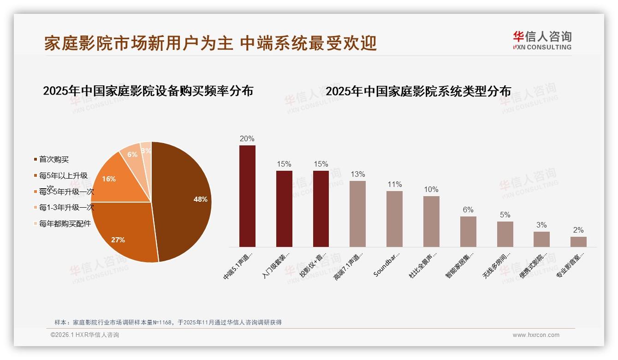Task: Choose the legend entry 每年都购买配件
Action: point(65,224)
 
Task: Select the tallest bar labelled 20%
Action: point(247,196)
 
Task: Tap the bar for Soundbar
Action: point(394,219)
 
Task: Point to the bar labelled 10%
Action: point(431,222)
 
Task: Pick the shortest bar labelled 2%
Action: point(578,242)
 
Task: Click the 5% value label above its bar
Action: point(505,215)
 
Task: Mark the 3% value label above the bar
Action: point(541,225)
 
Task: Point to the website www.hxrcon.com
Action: point(536,335)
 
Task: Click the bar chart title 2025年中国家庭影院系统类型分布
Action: point(418,91)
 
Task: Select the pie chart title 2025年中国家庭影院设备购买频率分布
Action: point(148,91)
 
